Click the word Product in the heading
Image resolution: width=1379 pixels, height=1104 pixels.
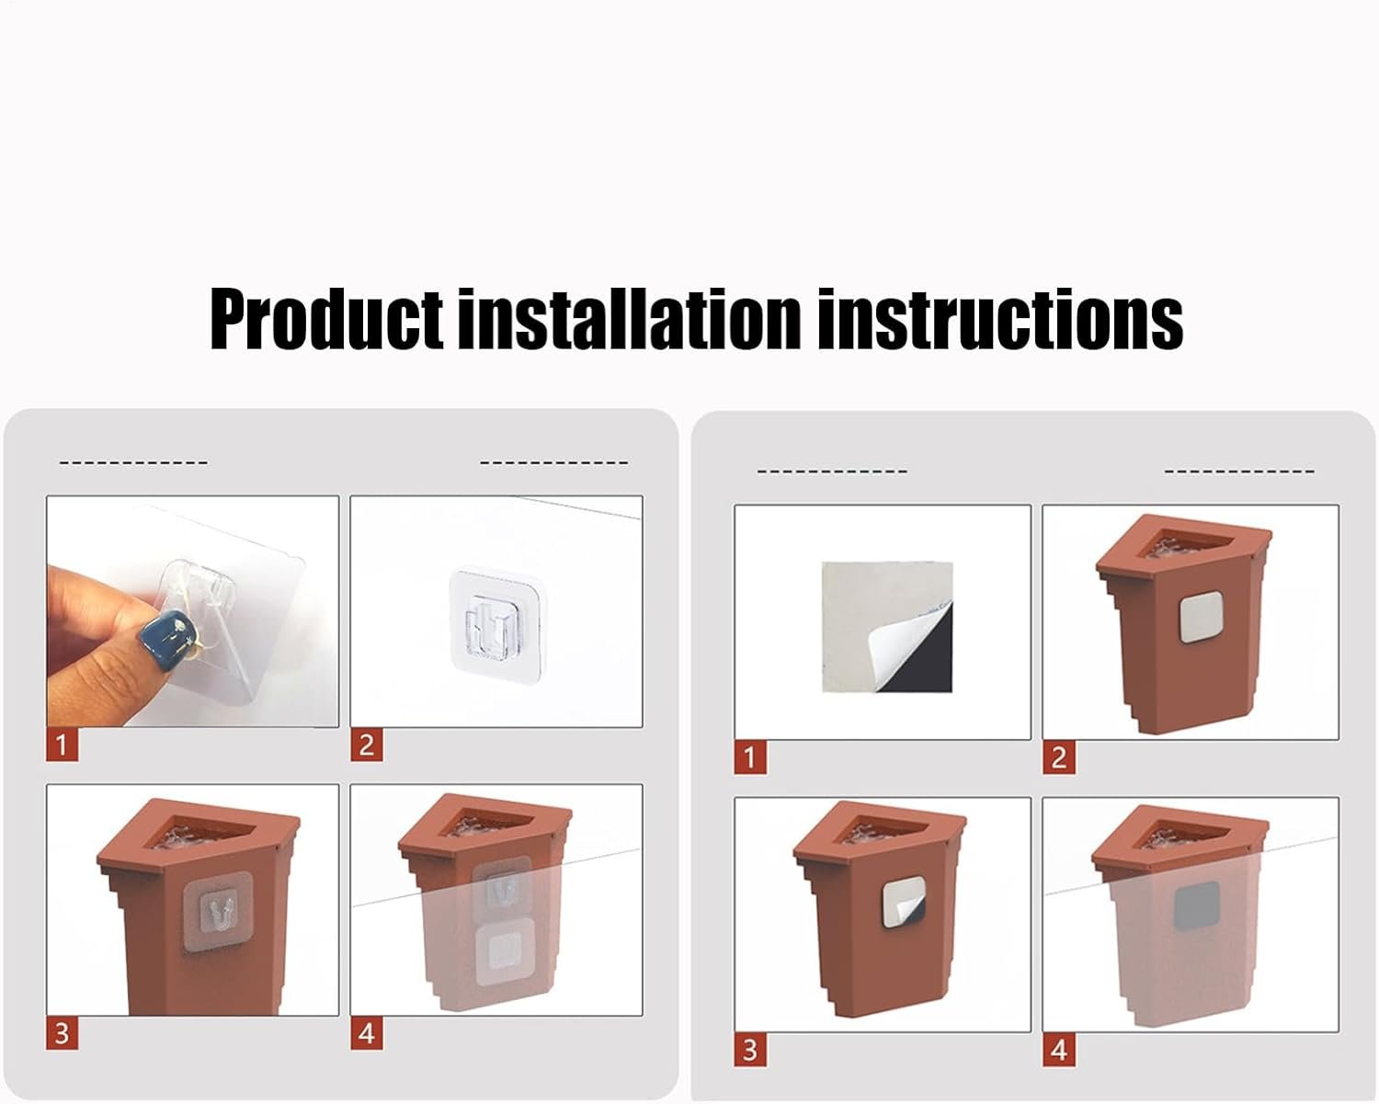326,318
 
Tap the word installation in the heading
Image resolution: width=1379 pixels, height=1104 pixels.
629,318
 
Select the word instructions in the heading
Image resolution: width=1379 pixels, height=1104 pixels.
999,318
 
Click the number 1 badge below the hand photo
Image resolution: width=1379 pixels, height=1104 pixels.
63,745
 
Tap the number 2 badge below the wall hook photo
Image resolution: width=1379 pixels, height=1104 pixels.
367,745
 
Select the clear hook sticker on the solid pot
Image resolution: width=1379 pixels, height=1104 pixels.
218,915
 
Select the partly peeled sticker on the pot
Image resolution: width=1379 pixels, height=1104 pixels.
904,905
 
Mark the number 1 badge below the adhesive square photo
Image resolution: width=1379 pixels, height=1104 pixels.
750,758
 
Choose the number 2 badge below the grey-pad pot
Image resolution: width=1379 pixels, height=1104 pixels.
1058,758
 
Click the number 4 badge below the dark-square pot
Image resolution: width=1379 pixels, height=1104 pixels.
1058,1050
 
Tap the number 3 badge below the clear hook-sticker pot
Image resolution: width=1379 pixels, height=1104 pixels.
63,1033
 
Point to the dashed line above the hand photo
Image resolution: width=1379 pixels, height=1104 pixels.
133,462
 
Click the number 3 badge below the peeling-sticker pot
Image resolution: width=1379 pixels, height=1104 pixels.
750,1050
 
